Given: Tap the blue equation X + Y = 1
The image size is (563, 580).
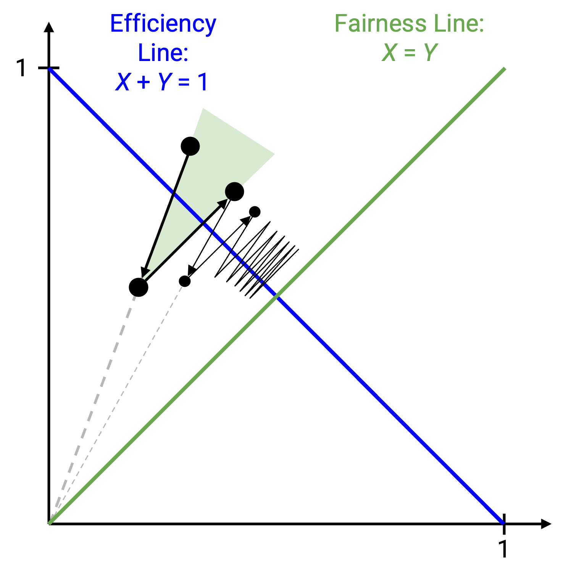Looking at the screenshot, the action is pyautogui.click(x=162, y=82).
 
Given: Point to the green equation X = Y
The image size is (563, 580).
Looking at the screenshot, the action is pyautogui.click(x=410, y=53).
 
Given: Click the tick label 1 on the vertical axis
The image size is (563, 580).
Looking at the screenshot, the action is pyautogui.click(x=22, y=68).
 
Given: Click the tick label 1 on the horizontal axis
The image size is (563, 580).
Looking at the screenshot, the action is pyautogui.click(x=504, y=549).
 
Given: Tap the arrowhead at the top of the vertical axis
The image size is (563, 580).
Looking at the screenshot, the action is pyautogui.click(x=49, y=27).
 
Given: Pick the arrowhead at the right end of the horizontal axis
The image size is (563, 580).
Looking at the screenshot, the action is pyautogui.click(x=547, y=524).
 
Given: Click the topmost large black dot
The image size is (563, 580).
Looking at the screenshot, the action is pyautogui.click(x=190, y=146).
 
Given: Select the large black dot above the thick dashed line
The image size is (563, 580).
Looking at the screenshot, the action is pyautogui.click(x=139, y=287).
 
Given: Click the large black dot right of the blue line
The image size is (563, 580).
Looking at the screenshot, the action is pyautogui.click(x=234, y=191).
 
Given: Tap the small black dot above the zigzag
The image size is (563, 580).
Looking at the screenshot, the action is pyautogui.click(x=255, y=212).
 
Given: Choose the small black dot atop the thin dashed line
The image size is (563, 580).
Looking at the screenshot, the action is pyautogui.click(x=185, y=281).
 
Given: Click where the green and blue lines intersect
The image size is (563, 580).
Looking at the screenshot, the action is pyautogui.click(x=276, y=296).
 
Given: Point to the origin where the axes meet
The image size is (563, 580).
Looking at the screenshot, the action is pyautogui.click(x=49, y=524).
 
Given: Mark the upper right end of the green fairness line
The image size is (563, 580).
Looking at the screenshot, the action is pyautogui.click(x=505, y=69).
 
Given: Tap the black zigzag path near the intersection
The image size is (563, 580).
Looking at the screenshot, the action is pyautogui.click(x=257, y=259).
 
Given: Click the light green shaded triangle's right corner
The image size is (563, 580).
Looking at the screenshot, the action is pyautogui.click(x=274, y=154).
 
